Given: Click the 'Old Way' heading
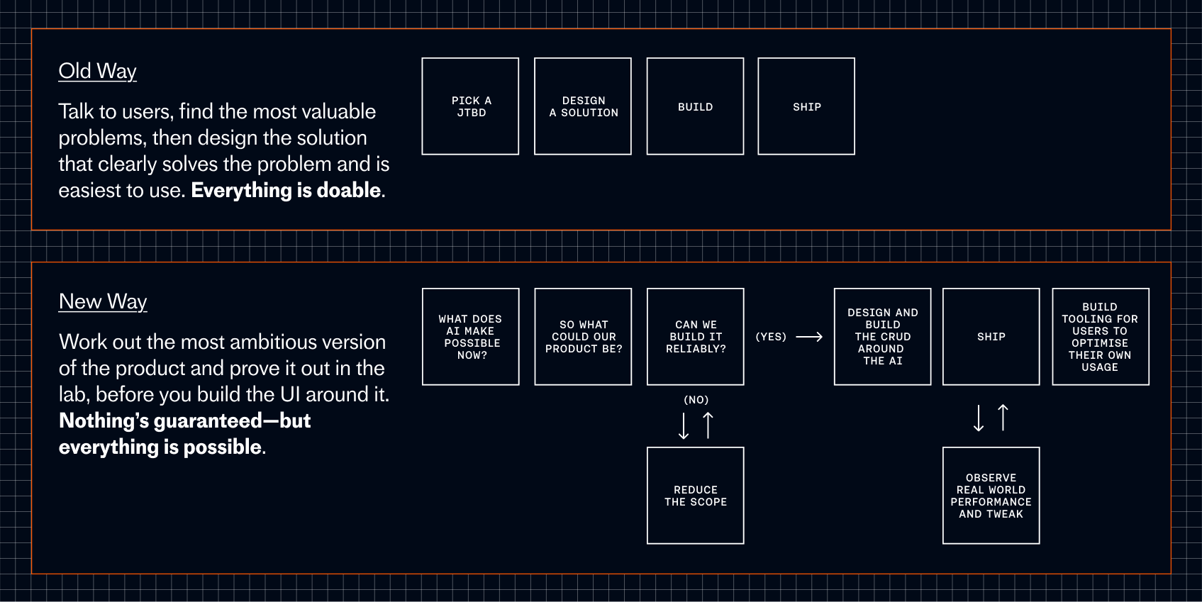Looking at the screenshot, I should (x=97, y=71).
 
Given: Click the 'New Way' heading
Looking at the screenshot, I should (x=103, y=301).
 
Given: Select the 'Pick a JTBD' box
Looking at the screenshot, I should (x=470, y=106).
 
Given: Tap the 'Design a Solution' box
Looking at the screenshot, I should (x=583, y=106).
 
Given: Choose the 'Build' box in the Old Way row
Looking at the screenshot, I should (x=695, y=106).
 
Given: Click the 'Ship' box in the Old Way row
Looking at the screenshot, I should (x=806, y=106).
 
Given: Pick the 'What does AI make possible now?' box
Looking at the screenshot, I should (x=470, y=337).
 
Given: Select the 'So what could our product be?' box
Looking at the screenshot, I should (x=583, y=337).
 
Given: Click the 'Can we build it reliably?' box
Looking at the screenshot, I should (x=695, y=337).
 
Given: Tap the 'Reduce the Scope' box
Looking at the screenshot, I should (x=695, y=496).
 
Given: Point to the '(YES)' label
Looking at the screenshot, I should (x=771, y=337).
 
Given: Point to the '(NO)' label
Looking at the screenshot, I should (x=696, y=400).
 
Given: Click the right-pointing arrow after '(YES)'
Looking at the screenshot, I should (x=809, y=337).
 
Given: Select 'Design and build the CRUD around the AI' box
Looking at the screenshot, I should (x=882, y=337).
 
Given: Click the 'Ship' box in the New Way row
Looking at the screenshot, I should (x=991, y=337).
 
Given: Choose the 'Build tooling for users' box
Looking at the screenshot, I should (x=1100, y=337).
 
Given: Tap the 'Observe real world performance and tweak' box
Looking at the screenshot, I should (x=991, y=496).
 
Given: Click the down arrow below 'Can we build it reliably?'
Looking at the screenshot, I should (x=684, y=425).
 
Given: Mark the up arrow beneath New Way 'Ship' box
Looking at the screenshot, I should (x=1003, y=418).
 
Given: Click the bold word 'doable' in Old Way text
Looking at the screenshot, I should (x=349, y=190).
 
